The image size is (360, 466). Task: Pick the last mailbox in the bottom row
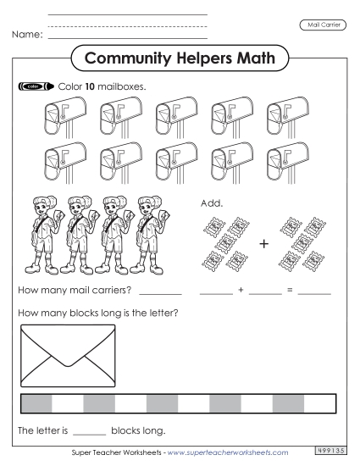(x=283, y=161)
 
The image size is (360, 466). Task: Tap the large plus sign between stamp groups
(x=263, y=244)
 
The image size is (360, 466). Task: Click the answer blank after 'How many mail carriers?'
(x=160, y=291)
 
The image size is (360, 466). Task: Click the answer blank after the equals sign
(x=314, y=291)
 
